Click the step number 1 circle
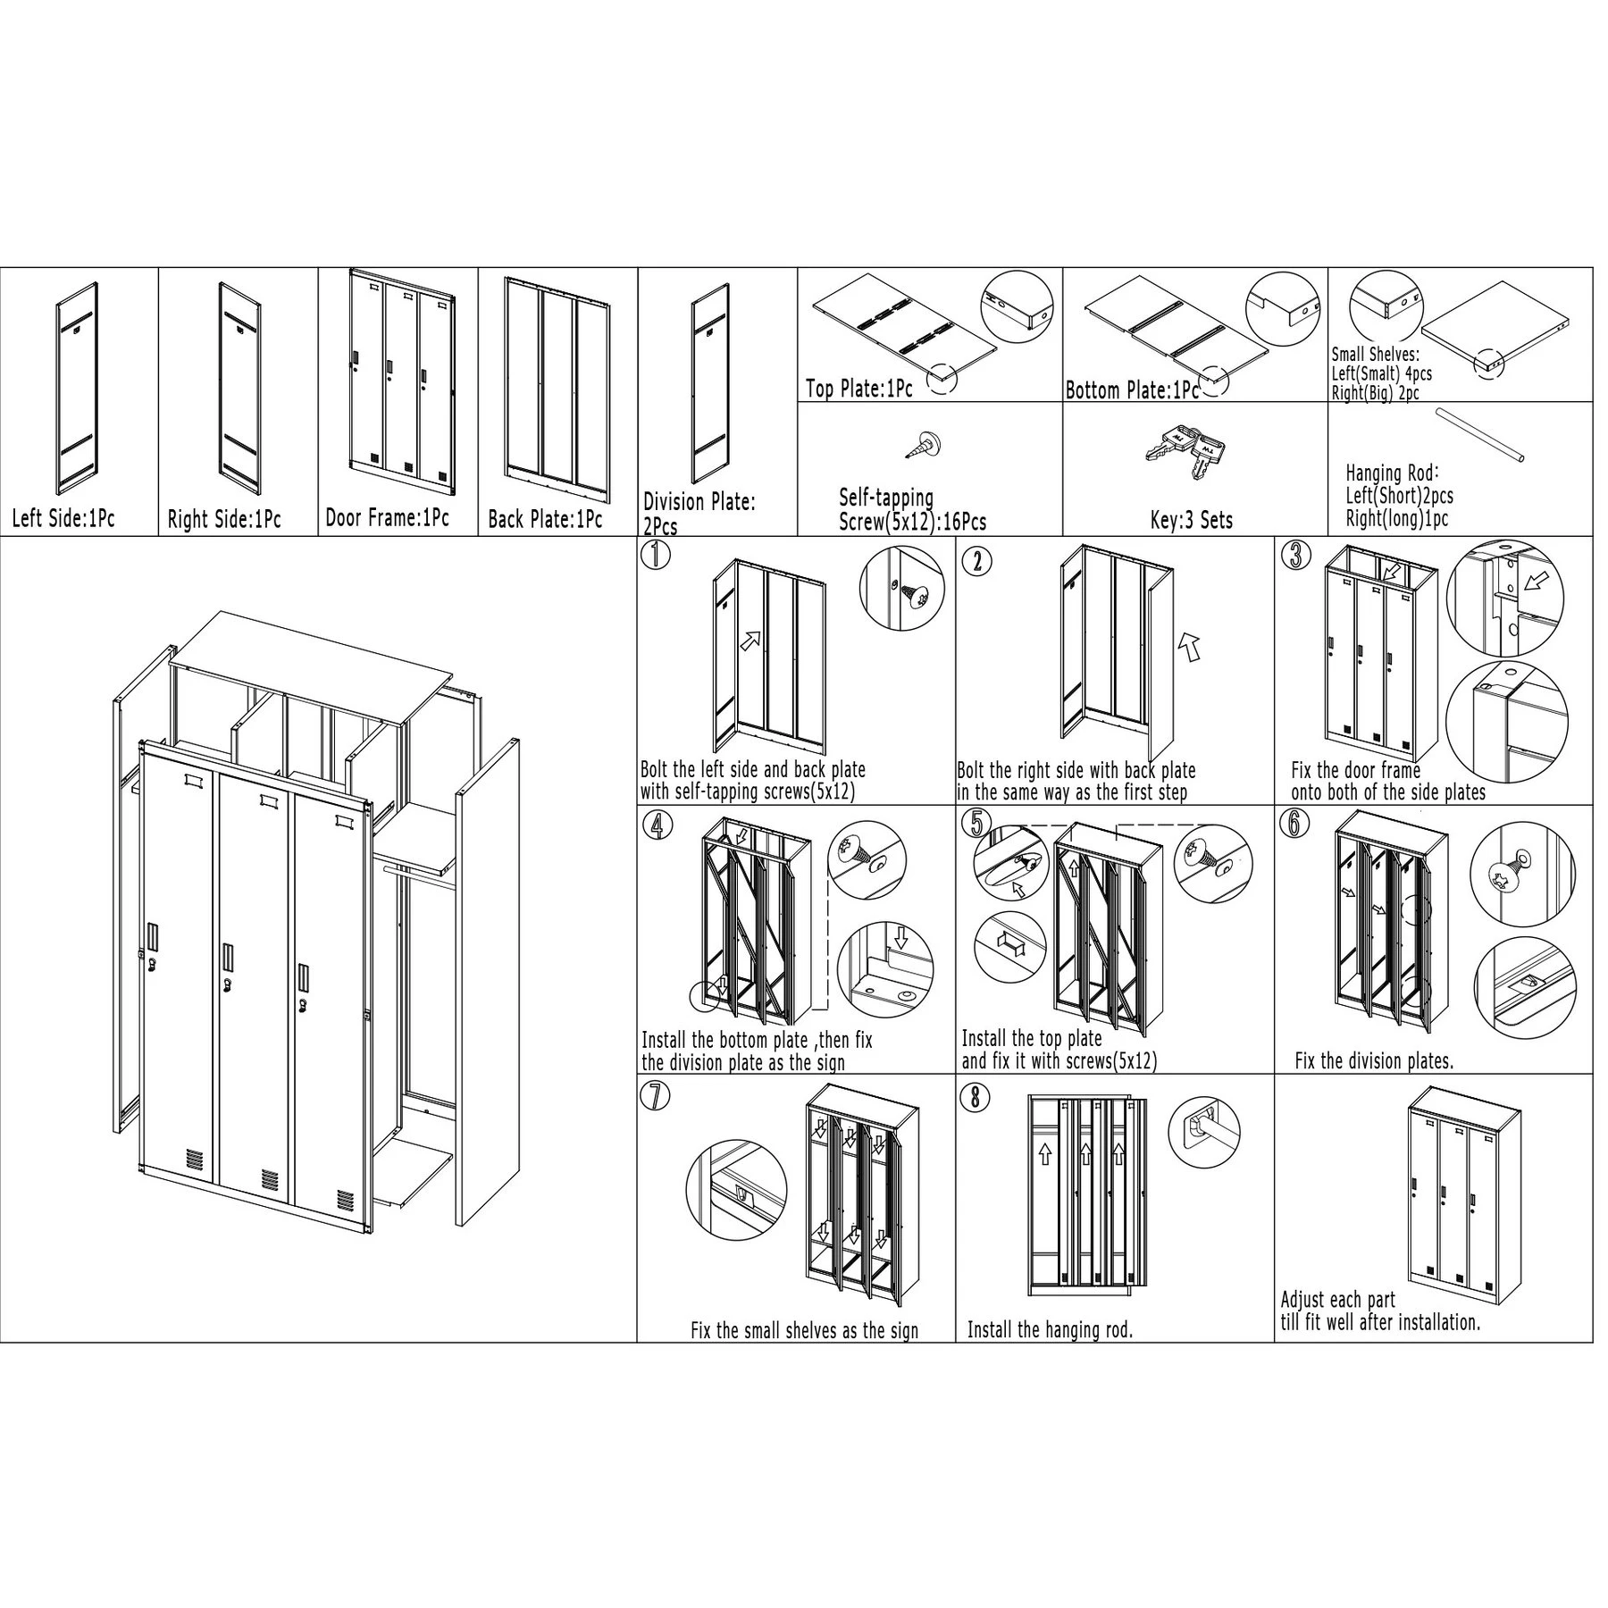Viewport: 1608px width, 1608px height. click(657, 556)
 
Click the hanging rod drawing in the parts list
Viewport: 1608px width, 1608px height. click(1479, 435)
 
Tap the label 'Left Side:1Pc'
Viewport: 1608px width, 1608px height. click(63, 518)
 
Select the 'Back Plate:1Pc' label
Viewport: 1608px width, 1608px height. click(545, 519)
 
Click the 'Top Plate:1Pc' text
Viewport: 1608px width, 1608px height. click(859, 388)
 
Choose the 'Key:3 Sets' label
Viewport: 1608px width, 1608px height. click(1192, 520)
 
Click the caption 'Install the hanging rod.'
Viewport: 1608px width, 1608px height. click(1051, 1355)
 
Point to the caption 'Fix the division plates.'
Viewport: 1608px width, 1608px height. click(1375, 1060)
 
